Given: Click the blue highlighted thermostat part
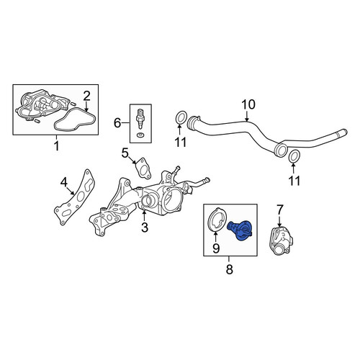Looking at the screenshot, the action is click(239, 230).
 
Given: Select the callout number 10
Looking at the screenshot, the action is click(248, 104).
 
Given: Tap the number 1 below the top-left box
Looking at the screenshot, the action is click(57, 146).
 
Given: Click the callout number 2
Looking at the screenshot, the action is click(86, 96).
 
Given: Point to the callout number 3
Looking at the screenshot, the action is click(145, 228).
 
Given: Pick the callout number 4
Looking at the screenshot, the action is click(63, 182).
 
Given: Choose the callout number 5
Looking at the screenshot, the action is click(125, 153).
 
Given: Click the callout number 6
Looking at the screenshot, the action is click(117, 123).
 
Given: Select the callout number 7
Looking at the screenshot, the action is click(280, 209).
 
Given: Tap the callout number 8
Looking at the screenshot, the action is click(230, 269).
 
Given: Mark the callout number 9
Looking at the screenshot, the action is click(216, 248).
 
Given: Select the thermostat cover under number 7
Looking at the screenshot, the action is click(281, 241).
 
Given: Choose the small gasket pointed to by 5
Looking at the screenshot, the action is click(143, 168).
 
